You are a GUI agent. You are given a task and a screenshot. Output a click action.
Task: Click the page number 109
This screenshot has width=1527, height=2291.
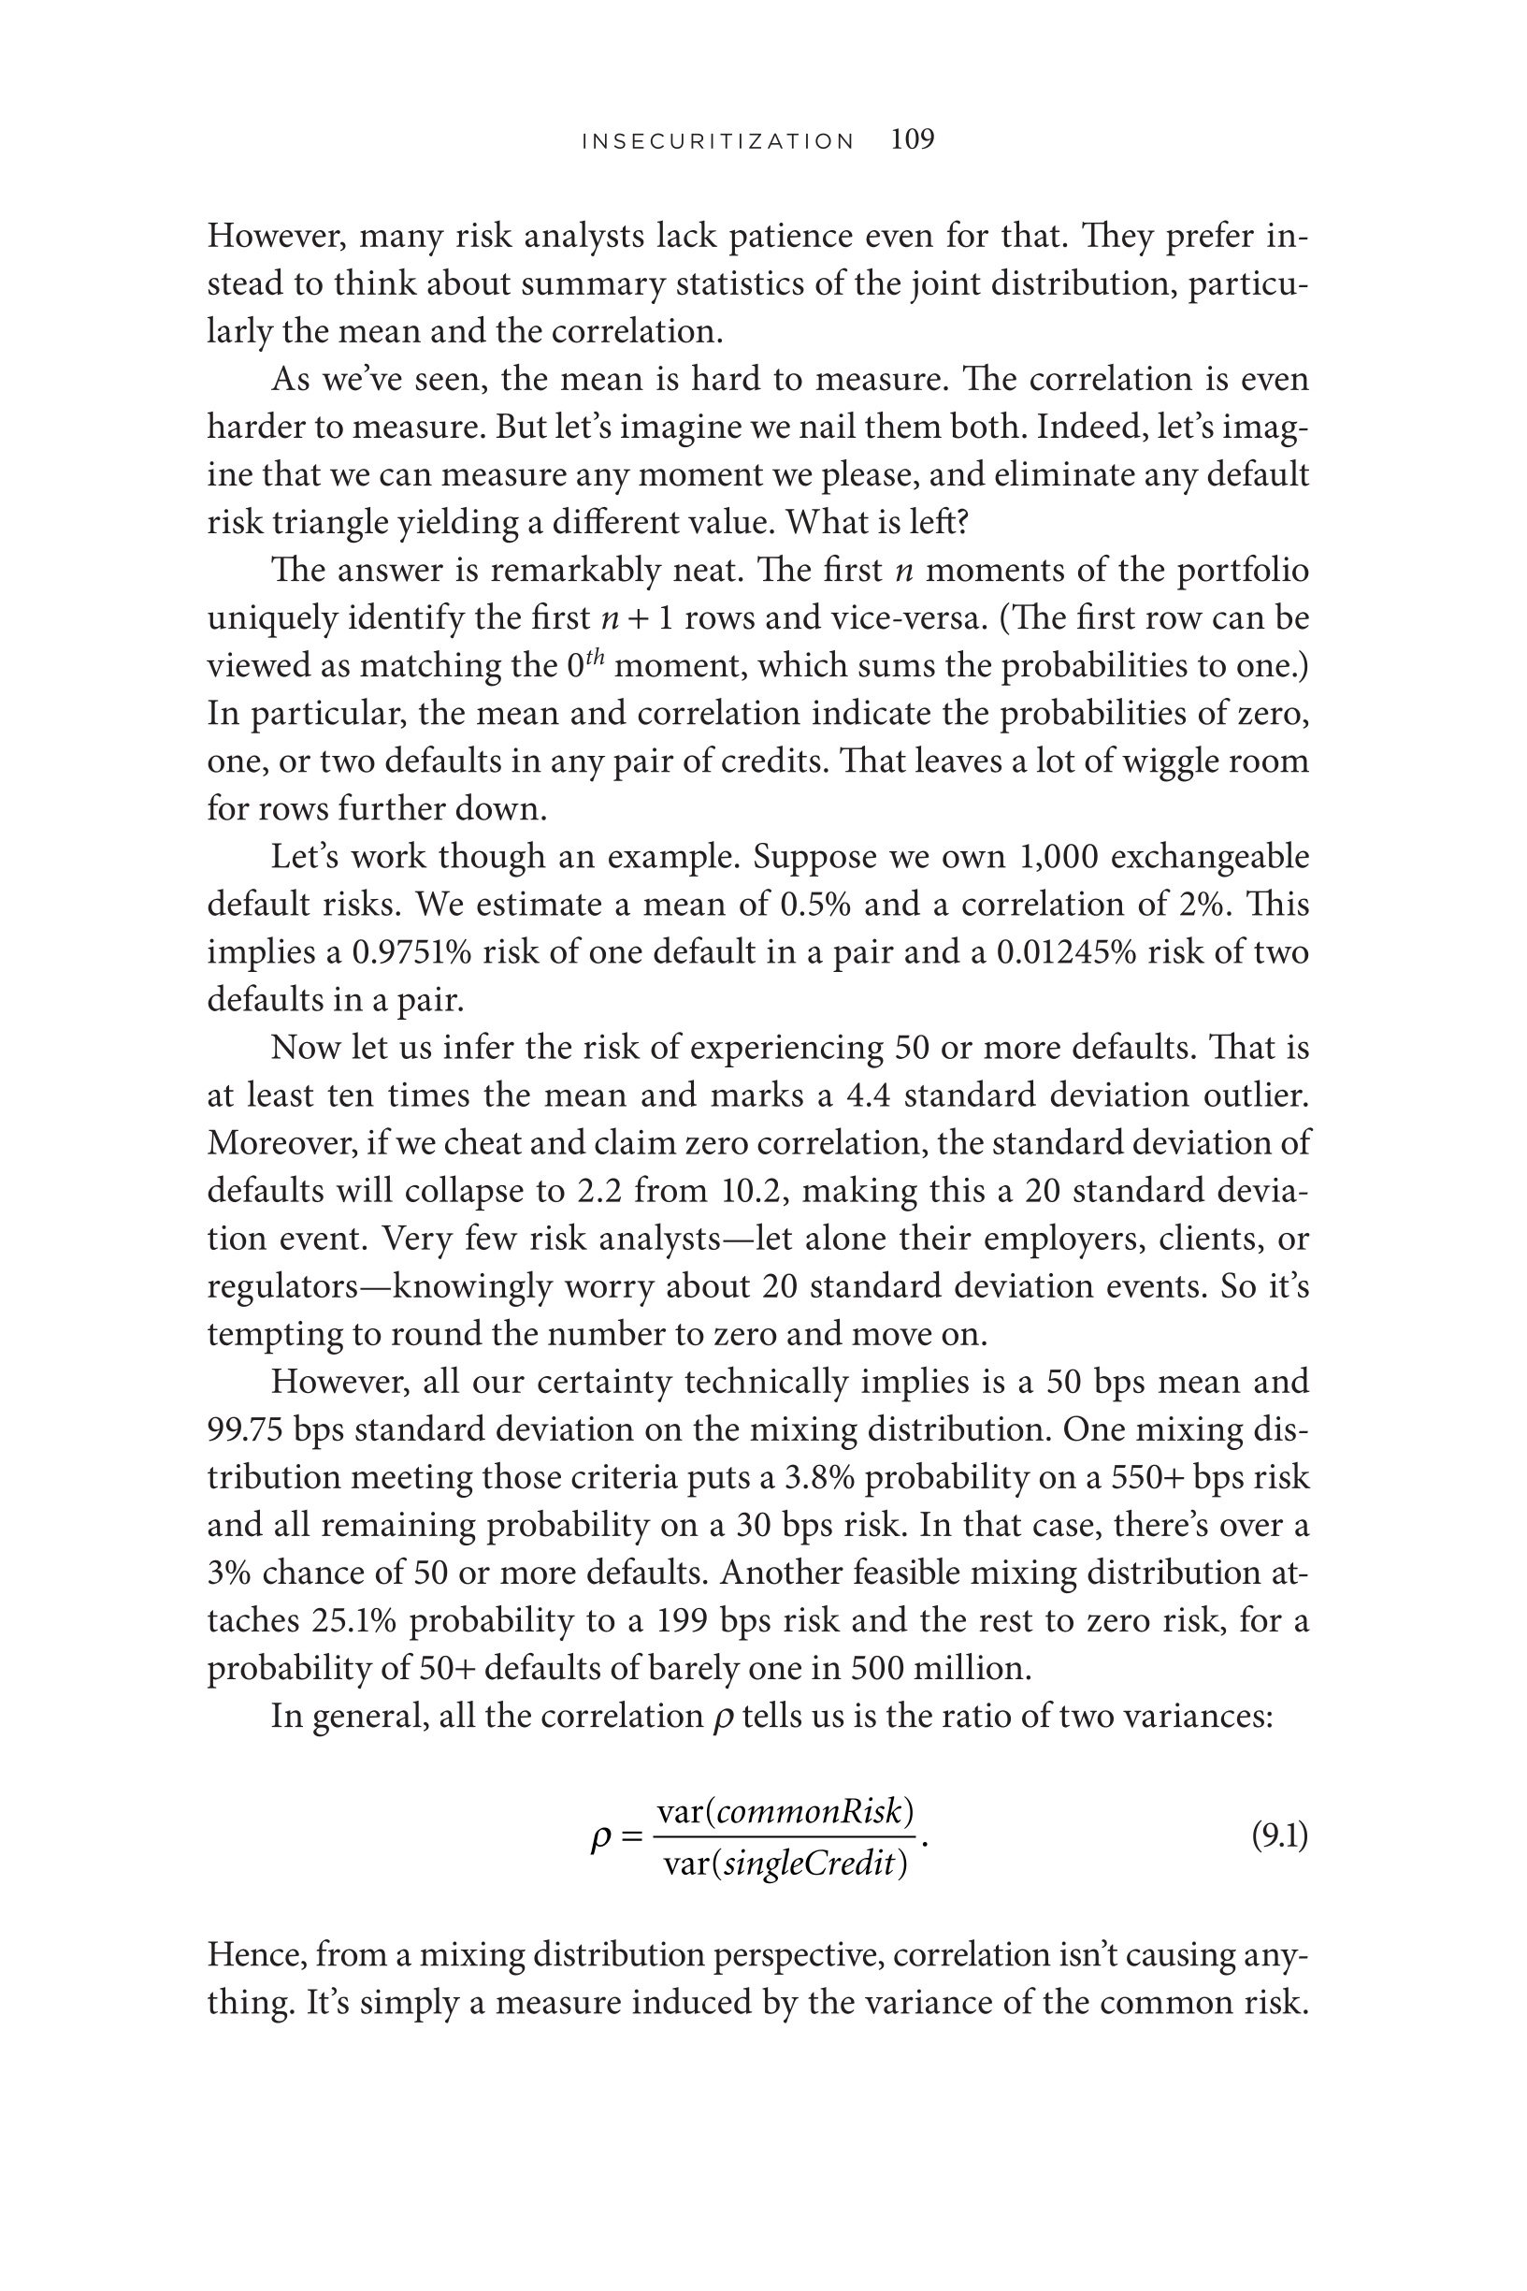point(913,139)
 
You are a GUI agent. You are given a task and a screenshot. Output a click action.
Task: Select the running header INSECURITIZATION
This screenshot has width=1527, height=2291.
point(718,141)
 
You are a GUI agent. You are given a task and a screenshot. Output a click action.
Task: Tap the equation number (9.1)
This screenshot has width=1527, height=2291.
point(1278,1836)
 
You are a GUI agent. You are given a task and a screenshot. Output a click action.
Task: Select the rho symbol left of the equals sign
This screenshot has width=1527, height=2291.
point(602,1838)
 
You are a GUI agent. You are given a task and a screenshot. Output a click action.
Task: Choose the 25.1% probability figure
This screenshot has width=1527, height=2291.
point(355,1620)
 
